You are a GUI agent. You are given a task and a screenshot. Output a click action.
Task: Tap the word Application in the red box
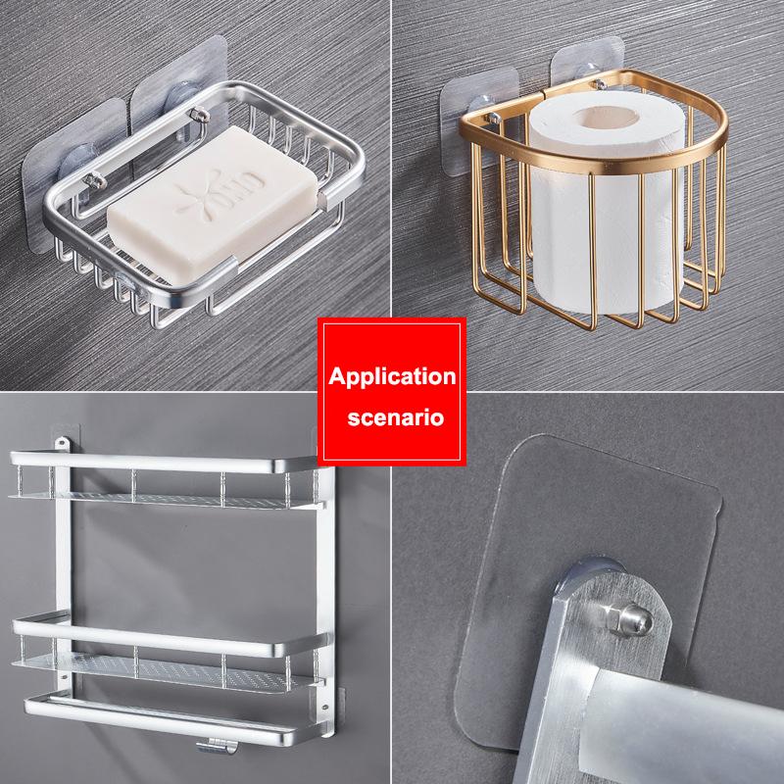[392, 377]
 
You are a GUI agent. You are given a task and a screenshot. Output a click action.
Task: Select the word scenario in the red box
[396, 417]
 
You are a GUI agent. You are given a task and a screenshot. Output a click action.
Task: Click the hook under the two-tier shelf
[217, 746]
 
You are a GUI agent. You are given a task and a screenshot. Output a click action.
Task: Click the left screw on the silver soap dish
[94, 180]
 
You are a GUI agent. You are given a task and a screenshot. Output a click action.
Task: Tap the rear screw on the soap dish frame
[199, 115]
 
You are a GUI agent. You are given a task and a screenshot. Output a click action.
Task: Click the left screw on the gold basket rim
[493, 119]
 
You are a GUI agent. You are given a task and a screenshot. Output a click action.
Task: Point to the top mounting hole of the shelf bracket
[63, 442]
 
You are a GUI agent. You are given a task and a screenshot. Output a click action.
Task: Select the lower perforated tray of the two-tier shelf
[165, 671]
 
